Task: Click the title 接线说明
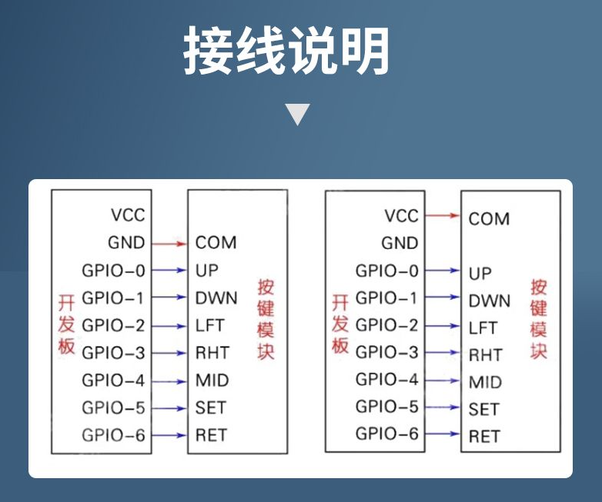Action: (x=286, y=52)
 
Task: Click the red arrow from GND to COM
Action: (x=169, y=244)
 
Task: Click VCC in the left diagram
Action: (x=128, y=215)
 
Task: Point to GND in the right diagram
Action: (x=400, y=244)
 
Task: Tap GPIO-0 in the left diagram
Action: (x=113, y=271)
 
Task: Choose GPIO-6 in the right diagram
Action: (x=387, y=434)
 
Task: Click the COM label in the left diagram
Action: (x=216, y=243)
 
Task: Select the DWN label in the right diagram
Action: (x=489, y=301)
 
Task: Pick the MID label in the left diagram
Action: (x=212, y=381)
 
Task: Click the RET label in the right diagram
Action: (x=484, y=437)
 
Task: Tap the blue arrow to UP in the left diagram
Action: (x=169, y=271)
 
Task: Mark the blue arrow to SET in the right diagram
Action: (x=441, y=407)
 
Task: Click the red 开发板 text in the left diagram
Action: (x=67, y=324)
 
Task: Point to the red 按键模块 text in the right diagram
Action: (x=539, y=320)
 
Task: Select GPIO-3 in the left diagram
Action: (x=113, y=353)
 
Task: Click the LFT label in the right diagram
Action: (x=483, y=328)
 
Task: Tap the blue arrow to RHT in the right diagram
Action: (x=441, y=353)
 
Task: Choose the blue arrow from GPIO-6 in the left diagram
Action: (x=169, y=435)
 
